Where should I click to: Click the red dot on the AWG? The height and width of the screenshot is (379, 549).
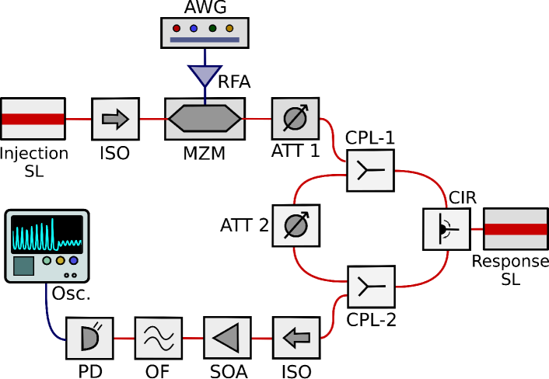[177, 28]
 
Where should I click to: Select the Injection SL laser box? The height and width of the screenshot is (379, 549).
[33, 119]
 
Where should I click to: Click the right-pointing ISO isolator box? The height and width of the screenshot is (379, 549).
[116, 119]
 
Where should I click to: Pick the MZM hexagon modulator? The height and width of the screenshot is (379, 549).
[205, 119]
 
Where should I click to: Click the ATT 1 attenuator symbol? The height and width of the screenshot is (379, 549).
[295, 118]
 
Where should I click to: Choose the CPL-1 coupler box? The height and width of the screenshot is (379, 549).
[370, 170]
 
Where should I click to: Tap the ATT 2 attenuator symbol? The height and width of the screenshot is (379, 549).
[296, 225]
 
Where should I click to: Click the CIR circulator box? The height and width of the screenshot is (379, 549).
[446, 229]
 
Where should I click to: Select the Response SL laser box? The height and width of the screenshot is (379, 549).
[516, 229]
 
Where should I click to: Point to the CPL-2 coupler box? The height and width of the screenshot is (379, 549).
[371, 287]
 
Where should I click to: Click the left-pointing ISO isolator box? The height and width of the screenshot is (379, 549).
[296, 338]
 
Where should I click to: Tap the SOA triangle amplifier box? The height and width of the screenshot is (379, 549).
[227, 338]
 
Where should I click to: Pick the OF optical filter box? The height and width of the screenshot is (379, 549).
[159, 338]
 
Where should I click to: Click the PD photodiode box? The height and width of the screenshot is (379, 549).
[89, 338]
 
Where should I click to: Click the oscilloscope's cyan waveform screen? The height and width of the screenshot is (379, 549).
[47, 235]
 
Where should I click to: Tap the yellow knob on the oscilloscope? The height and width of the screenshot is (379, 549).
[60, 260]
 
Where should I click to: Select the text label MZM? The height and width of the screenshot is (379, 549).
[204, 153]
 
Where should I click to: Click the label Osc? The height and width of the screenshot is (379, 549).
[72, 294]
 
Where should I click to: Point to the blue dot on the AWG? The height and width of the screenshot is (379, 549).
[194, 28]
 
